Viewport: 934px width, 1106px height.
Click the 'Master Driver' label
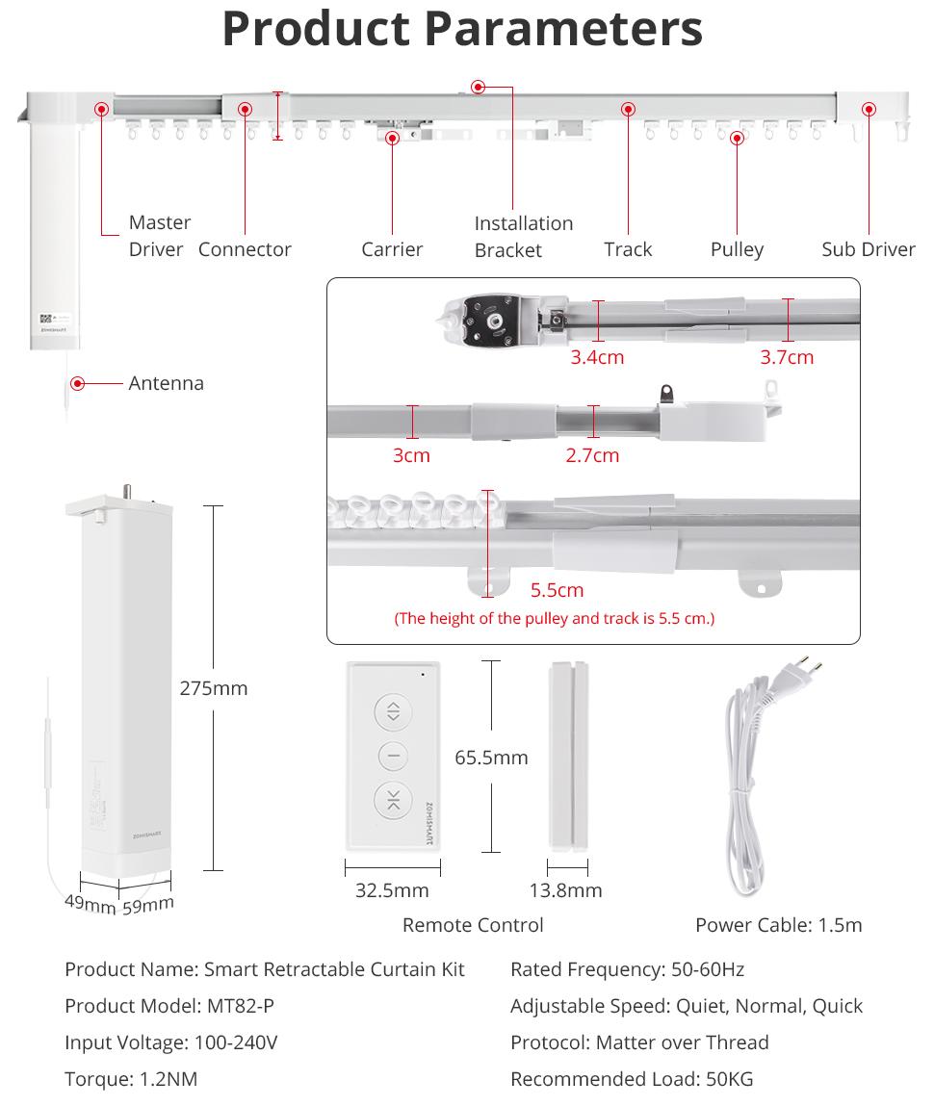(159, 236)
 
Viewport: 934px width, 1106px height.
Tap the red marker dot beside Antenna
(78, 383)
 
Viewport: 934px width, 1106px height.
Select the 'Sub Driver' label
(868, 249)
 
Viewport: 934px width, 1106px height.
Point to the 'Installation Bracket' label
(523, 237)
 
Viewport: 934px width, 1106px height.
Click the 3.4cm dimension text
(597, 357)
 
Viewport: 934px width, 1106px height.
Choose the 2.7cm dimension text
(592, 455)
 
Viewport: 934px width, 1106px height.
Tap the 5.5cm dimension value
(557, 590)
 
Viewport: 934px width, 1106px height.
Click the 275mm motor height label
(213, 688)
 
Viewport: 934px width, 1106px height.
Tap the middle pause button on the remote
(393, 757)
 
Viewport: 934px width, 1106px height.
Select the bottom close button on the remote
(393, 800)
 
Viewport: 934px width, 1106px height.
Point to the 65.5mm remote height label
(491, 758)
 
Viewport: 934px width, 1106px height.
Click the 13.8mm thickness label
(565, 890)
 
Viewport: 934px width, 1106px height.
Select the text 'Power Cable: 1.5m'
(778, 925)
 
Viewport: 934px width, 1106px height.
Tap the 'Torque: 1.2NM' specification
(131, 1079)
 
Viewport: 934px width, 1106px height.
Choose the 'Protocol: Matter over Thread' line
(639, 1042)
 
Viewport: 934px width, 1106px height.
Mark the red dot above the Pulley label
(737, 138)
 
